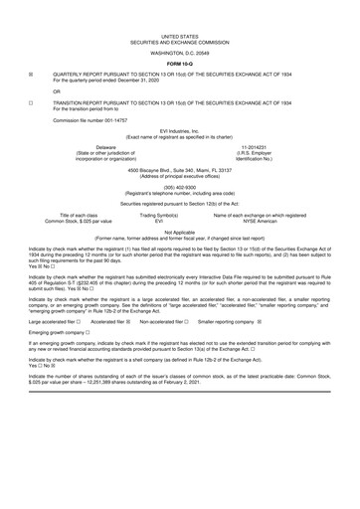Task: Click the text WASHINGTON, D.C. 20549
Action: point(180,52)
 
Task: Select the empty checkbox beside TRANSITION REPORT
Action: point(32,102)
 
